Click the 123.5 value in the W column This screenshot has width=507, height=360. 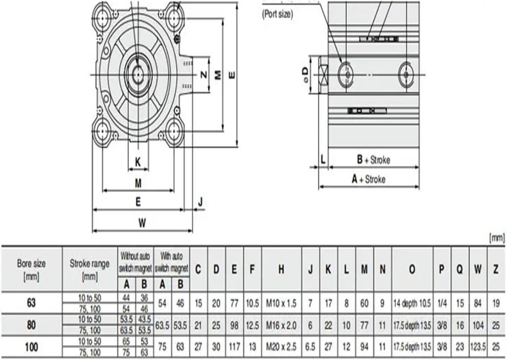tap(478, 347)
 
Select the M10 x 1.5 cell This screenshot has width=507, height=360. tap(281, 304)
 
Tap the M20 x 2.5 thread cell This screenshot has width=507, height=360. tap(281, 347)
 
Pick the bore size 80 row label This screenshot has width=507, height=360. tap(31, 325)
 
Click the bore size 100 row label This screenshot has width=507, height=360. tap(31, 347)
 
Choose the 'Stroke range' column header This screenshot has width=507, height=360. tap(90, 269)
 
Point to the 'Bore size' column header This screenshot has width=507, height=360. tap(31, 269)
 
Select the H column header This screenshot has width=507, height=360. tap(281, 269)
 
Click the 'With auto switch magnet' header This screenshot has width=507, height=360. tap(171, 262)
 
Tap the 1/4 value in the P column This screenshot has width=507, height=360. tap(442, 304)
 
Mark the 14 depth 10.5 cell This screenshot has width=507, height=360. tap(412, 304)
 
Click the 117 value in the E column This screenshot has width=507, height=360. tap(234, 347)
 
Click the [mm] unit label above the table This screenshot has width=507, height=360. tap(497, 238)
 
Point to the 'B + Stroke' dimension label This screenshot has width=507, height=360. tap(373, 160)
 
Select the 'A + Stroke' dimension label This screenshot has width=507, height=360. tap(368, 179)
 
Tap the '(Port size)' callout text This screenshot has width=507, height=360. tap(278, 14)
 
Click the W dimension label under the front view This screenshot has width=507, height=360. tap(142, 223)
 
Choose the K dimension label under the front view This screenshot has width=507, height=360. tap(138, 162)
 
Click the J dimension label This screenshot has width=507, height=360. tap(200, 202)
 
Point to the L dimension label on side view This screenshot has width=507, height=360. tap(323, 160)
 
